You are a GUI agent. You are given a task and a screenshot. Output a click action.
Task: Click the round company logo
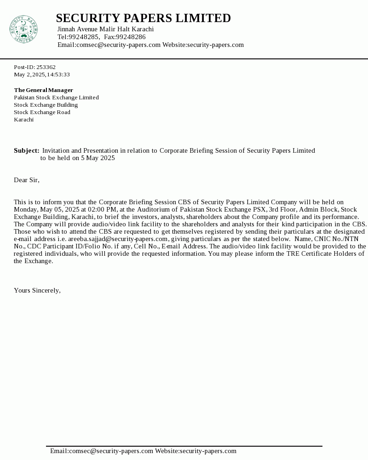[23, 29]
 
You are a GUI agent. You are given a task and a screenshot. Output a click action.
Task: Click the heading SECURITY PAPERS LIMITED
[143, 18]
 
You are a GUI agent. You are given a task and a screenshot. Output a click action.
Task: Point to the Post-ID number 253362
[46, 67]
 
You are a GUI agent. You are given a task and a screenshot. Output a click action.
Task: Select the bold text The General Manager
[43, 90]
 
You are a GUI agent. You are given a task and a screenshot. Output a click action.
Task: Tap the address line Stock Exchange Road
[42, 112]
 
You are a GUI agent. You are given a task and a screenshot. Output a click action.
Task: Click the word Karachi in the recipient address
[23, 120]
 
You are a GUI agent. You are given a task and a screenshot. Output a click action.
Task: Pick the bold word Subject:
[27, 150]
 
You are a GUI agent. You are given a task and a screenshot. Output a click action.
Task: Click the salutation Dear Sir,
[27, 180]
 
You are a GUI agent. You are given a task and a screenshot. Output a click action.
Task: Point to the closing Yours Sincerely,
[37, 290]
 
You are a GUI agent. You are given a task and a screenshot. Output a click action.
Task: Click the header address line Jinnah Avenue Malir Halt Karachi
[105, 29]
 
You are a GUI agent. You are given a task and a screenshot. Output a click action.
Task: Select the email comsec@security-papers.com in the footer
[111, 451]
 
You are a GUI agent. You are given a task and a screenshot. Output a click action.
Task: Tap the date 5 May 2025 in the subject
[98, 158]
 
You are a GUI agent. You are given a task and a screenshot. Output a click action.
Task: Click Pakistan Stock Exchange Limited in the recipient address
[56, 98]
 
